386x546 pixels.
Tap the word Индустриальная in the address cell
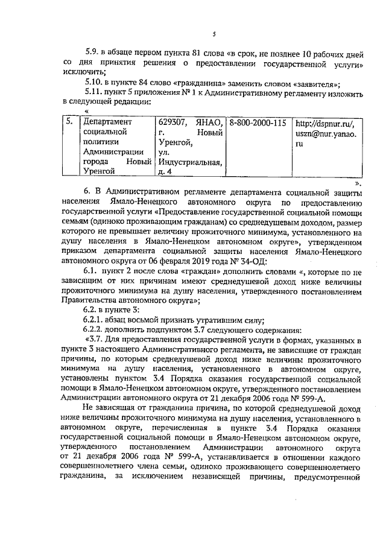[189, 162]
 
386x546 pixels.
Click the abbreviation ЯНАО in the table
[208, 122]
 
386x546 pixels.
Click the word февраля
[172, 261]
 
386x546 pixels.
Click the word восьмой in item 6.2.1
[143, 320]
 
